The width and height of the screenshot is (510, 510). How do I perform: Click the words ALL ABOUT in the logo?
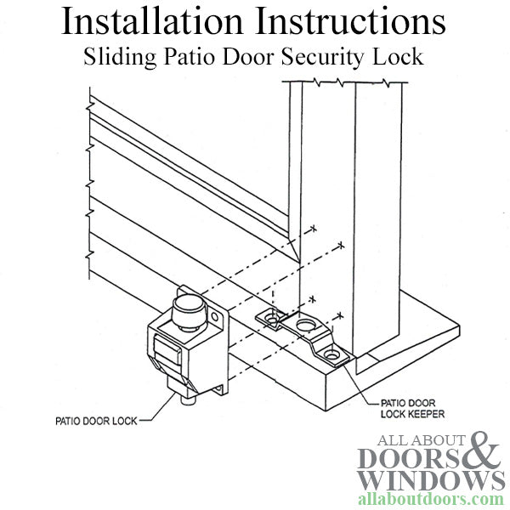[420, 439]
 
